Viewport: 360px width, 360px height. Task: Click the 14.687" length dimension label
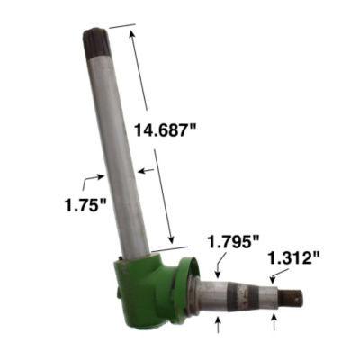point(165,130)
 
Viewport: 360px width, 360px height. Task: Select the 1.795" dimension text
point(233,241)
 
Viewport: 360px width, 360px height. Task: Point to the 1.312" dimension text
point(293,258)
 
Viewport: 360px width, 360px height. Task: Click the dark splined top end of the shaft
point(94,42)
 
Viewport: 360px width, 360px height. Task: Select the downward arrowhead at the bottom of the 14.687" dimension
point(171,238)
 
